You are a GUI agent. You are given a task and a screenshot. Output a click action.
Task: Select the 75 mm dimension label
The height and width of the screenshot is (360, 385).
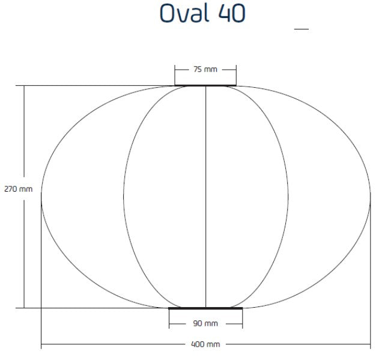[x=205, y=70]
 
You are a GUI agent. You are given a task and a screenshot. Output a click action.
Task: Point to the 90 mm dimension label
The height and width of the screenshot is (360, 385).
[x=205, y=324]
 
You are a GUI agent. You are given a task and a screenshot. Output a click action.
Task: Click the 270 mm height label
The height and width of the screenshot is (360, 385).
[x=18, y=189]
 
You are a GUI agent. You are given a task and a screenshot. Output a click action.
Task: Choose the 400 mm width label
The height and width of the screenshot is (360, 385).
[x=205, y=344]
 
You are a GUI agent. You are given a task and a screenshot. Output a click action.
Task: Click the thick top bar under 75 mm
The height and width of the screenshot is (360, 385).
[x=205, y=85]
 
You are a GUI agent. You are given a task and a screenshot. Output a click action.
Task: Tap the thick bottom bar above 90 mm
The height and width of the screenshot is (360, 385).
[x=205, y=308]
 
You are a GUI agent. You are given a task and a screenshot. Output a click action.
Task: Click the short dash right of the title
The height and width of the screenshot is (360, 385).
[x=301, y=28]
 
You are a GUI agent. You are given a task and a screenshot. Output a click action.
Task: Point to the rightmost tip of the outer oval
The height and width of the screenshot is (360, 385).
[x=371, y=197]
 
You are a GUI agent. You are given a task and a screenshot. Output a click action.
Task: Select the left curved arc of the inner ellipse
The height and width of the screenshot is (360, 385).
[x=124, y=197]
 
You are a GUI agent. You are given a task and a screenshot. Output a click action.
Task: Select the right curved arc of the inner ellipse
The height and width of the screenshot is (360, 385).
[x=288, y=197]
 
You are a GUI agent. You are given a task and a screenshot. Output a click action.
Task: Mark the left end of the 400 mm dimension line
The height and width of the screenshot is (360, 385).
[x=41, y=344]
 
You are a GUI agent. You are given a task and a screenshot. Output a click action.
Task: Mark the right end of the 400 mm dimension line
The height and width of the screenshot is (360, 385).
[x=371, y=344]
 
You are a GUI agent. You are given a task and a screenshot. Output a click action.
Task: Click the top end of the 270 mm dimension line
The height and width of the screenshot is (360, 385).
[x=24, y=86]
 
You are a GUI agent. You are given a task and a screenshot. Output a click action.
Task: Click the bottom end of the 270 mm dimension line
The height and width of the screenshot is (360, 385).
[x=24, y=308]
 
